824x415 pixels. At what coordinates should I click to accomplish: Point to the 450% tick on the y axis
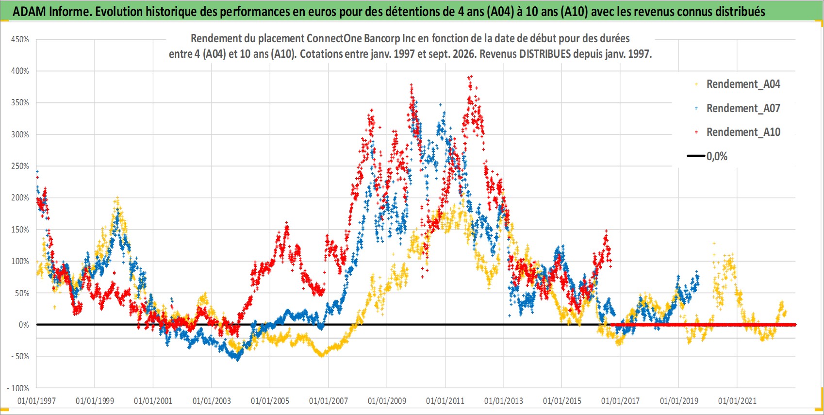(x=20, y=39)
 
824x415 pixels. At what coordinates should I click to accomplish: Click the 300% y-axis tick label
(x=20, y=134)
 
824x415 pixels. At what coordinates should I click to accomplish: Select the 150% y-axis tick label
(x=20, y=230)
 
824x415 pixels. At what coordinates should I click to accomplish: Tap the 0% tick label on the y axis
(x=24, y=325)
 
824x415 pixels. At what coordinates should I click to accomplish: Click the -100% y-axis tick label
(x=17, y=388)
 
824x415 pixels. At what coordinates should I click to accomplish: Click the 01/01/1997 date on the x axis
(x=36, y=401)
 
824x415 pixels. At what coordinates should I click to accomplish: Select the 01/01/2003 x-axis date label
(x=212, y=401)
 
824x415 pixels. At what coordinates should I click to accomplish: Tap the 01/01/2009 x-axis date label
(x=387, y=401)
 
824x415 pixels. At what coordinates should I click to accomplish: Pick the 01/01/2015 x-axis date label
(x=562, y=401)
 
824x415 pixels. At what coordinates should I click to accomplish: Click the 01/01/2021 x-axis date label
(x=737, y=401)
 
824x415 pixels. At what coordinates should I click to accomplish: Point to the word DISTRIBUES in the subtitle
(x=545, y=54)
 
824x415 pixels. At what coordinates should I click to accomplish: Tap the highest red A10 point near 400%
(x=471, y=76)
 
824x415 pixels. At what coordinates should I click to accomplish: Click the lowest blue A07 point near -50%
(x=238, y=360)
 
